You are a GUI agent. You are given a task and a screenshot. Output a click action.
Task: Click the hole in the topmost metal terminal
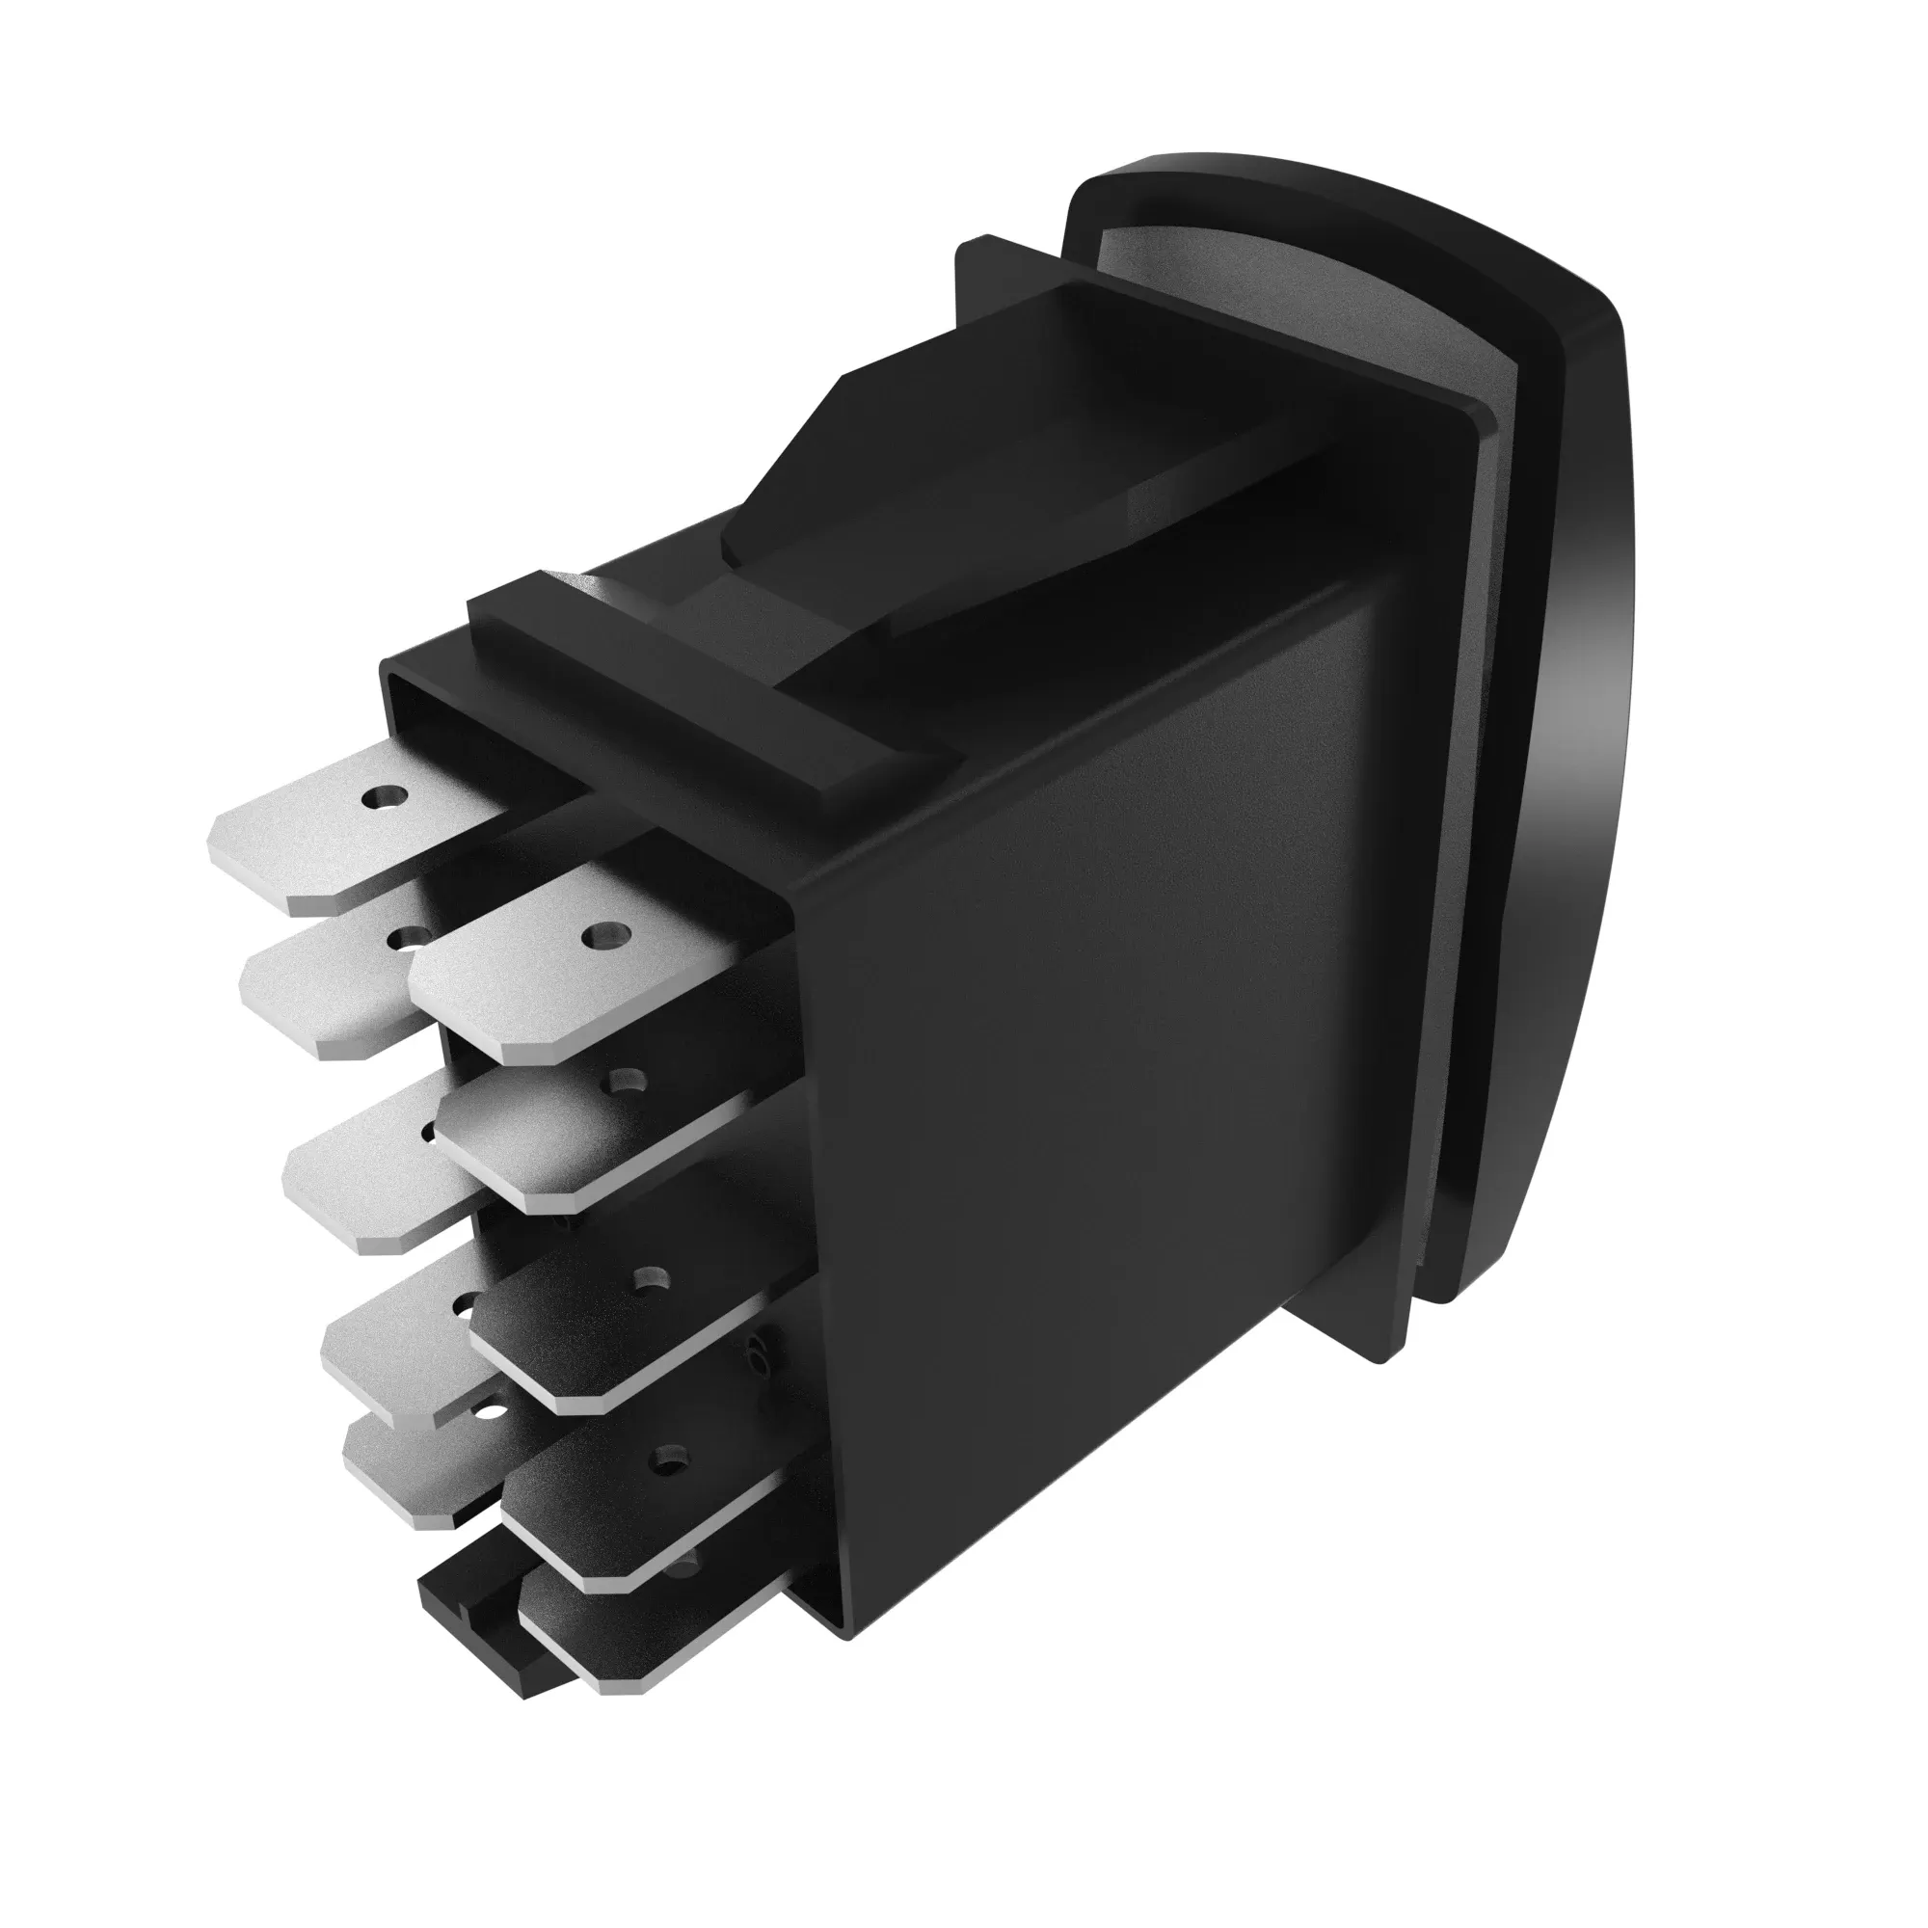tap(386, 797)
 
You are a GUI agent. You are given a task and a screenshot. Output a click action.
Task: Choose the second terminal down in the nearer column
tap(589, 1138)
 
